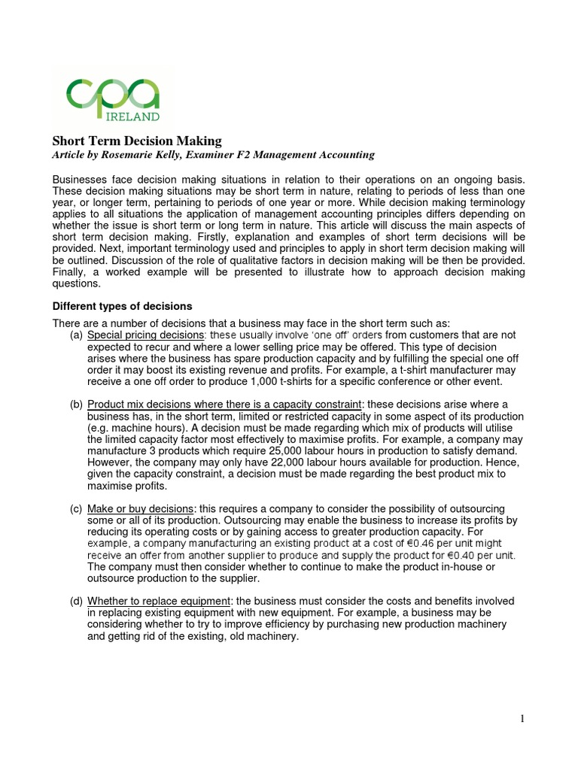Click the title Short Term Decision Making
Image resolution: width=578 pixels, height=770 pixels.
[136, 141]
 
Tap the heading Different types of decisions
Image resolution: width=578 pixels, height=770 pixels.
[122, 306]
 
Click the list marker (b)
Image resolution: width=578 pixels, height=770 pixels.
[76, 405]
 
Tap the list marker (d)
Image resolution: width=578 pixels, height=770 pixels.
[76, 601]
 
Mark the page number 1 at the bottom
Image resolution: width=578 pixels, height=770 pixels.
[522, 719]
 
